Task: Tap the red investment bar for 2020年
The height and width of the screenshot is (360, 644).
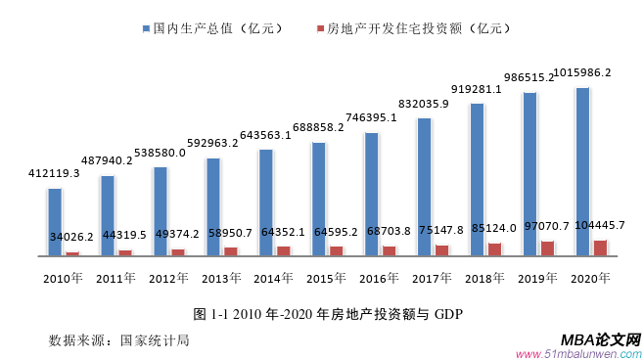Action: pyautogui.click(x=600, y=247)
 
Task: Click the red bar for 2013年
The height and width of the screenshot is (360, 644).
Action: pyautogui.click(x=230, y=251)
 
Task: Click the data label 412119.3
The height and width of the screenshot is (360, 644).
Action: pyautogui.click(x=54, y=173)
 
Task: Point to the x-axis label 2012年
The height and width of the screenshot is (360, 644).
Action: pyautogui.click(x=168, y=279)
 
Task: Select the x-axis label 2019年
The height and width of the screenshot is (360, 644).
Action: pyautogui.click(x=537, y=279)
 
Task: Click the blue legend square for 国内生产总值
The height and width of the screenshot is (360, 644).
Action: pyautogui.click(x=145, y=28)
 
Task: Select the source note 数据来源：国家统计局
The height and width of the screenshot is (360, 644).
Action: pyautogui.click(x=118, y=340)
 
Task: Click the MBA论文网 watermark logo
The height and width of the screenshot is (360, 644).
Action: pyautogui.click(x=601, y=338)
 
